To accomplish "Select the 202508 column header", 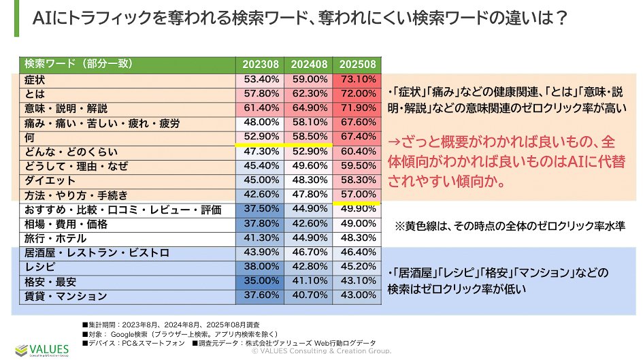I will tap(357, 65).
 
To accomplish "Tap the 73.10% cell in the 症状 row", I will tap(357, 80).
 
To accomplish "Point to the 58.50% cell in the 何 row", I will tap(309, 137).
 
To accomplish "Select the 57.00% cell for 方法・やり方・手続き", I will tap(357, 195).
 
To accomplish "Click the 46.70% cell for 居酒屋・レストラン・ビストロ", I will tap(309, 252).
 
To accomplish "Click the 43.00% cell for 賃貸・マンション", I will tap(357, 296).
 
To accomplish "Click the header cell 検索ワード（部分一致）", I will tap(78, 65).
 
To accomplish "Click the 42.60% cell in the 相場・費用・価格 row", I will tap(309, 224).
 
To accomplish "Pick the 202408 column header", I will tap(309, 65).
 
